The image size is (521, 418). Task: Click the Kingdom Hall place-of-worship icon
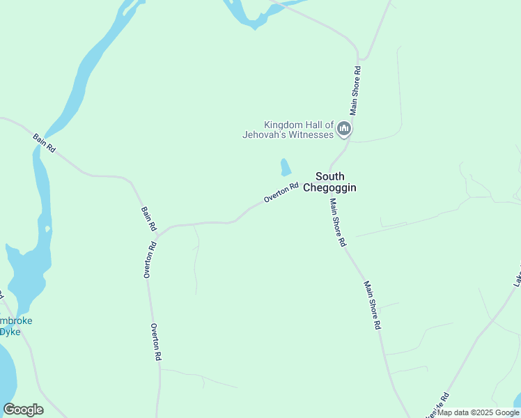[x=343, y=128]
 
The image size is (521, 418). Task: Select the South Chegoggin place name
[x=330, y=182]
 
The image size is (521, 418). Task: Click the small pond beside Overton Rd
[x=285, y=167]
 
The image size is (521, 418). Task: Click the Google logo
[x=24, y=410]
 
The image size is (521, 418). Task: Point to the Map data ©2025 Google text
[x=479, y=412]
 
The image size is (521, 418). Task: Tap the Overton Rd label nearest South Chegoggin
[x=281, y=193]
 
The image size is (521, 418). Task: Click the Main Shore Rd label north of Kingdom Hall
[x=355, y=91]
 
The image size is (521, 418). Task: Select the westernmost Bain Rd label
[x=44, y=144]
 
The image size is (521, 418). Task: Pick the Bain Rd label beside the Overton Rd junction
[x=149, y=218]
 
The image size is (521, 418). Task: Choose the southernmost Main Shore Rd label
[x=373, y=305]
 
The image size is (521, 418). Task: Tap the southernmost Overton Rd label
[x=156, y=341]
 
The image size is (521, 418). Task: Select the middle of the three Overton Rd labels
[x=149, y=260]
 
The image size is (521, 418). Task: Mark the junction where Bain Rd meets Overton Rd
[x=159, y=235]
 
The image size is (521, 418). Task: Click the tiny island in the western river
[x=47, y=229]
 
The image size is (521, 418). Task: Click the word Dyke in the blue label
[x=10, y=332]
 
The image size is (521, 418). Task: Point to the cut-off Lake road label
[x=516, y=275]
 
